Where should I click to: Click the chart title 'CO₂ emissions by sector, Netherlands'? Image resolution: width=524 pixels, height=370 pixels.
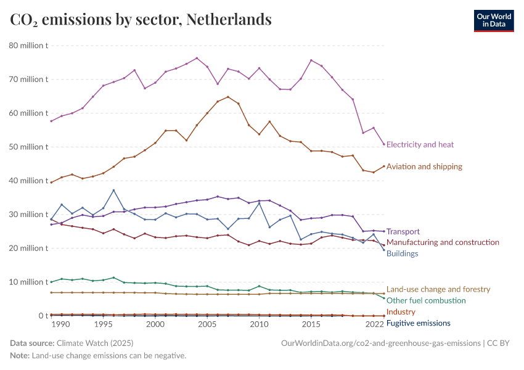141,20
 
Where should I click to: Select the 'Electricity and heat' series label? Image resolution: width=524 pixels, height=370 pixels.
420,145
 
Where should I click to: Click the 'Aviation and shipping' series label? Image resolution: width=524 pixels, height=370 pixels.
424,166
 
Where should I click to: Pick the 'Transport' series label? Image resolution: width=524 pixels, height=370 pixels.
403,232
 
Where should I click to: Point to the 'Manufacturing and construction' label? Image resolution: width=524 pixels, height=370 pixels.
442,243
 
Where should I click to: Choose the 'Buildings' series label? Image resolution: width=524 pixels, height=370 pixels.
402,253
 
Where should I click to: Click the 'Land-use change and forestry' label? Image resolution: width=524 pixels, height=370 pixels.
438,289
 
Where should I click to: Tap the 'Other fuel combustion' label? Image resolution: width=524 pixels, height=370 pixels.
425,300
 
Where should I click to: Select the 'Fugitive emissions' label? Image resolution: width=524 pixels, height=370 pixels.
418,323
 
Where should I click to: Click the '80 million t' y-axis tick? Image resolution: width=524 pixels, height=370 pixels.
28,46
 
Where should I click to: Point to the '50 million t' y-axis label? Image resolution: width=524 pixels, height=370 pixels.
28,147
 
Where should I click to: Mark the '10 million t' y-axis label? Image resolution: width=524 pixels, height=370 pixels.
28,282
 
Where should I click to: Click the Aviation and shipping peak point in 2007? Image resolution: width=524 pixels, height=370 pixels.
228,97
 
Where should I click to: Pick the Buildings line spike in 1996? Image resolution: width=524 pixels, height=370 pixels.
113,191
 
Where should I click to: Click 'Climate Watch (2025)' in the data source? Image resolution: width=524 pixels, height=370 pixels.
94,343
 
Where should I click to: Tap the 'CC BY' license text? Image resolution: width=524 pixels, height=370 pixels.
501,343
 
